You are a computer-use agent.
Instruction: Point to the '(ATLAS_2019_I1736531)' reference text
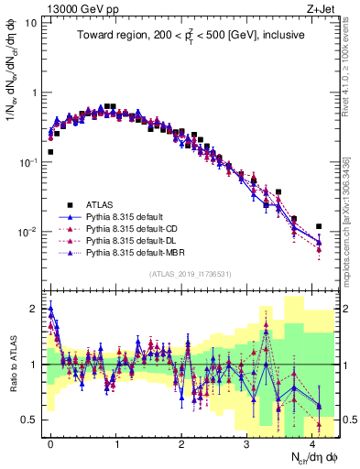[191, 273]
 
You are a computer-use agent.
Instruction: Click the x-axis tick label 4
[313, 442]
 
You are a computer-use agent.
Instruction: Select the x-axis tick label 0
[50, 442]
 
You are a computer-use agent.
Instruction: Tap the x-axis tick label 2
[182, 442]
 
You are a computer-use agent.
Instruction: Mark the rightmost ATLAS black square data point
[319, 226]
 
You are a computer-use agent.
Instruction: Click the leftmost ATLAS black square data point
[50, 152]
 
